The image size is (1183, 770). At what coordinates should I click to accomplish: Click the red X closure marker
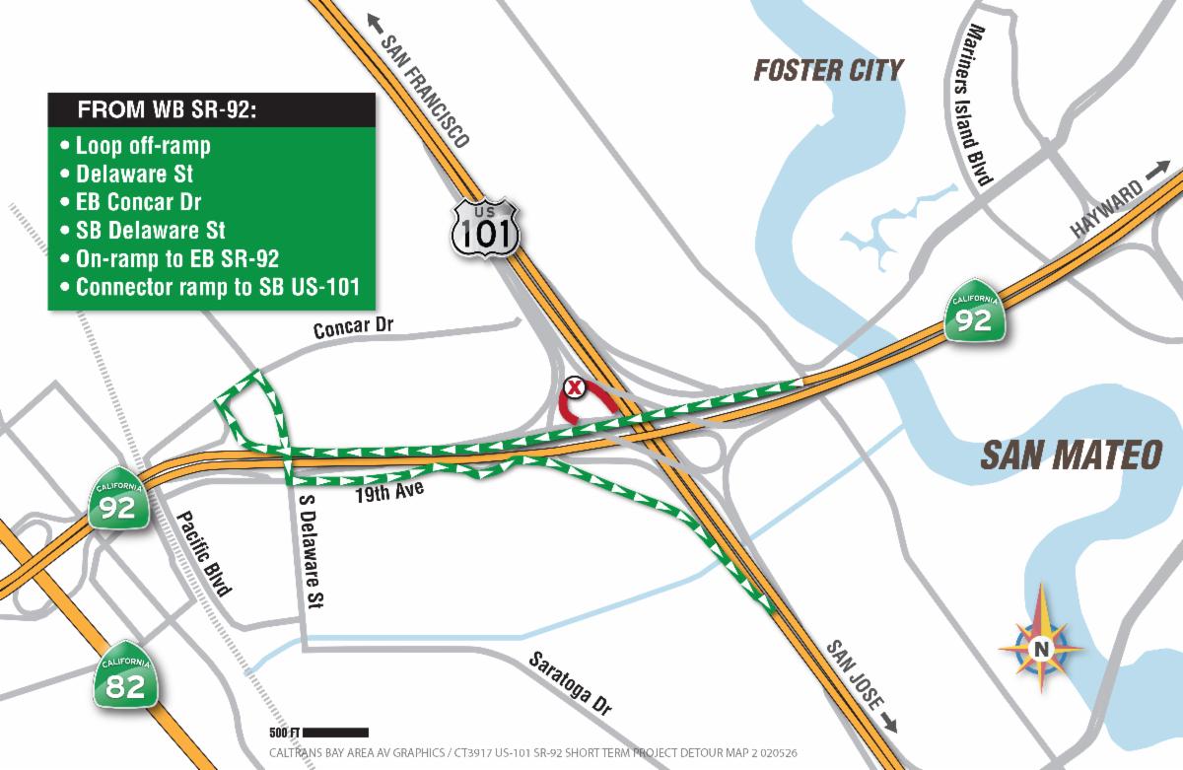(574, 387)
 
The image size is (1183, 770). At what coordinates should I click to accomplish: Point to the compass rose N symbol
(1040, 648)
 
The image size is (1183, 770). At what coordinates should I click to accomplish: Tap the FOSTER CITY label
(828, 70)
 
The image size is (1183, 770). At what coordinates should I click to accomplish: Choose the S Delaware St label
(313, 549)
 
